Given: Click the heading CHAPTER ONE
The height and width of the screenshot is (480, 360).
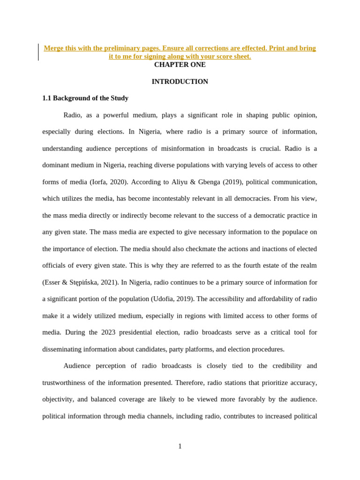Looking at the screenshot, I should point(180,65).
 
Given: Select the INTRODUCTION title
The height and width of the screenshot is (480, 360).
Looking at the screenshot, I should point(180,82).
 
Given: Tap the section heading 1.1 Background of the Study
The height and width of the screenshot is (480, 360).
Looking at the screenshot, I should point(85,98).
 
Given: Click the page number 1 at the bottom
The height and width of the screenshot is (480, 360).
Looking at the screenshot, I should point(180,446).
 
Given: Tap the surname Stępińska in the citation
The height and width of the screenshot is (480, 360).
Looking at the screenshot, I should point(83,282).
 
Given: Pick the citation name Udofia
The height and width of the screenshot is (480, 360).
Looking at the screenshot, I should point(164,299).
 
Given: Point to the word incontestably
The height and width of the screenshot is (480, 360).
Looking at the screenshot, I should point(180,199).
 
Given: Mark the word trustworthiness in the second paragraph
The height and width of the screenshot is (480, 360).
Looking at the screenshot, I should point(68,382).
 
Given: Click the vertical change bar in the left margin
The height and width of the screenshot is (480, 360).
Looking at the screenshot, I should point(38,52).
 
